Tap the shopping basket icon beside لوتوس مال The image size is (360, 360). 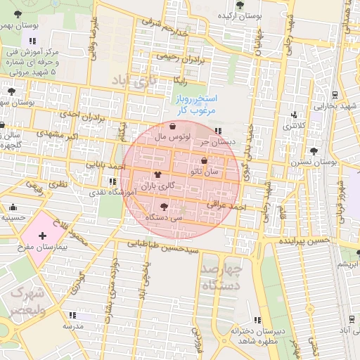173,127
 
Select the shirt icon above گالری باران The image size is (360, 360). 157,176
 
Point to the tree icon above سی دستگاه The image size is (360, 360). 164,207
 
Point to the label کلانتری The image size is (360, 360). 295,126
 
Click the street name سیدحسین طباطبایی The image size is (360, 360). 162,247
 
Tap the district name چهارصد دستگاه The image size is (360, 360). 221,277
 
